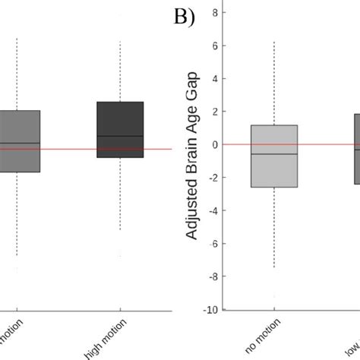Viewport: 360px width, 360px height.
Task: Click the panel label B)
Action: (180, 17)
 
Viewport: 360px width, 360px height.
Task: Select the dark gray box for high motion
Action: (120, 129)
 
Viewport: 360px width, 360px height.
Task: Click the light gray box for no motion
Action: (274, 156)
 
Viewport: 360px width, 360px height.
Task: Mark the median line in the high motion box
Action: (120, 136)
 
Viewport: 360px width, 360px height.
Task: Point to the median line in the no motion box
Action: (274, 154)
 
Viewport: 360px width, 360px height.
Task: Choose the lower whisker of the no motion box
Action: (274, 228)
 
